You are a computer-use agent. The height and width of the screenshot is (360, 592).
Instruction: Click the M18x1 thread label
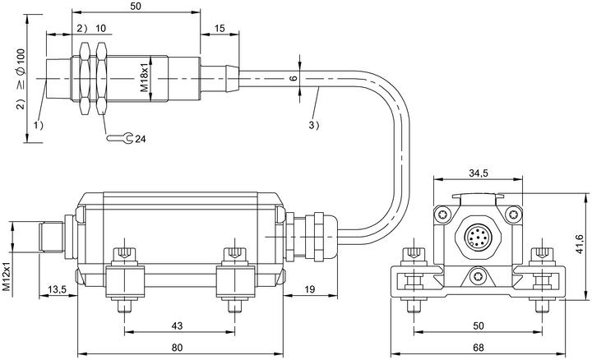point(145,79)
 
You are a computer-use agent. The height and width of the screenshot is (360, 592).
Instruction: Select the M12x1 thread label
point(7,276)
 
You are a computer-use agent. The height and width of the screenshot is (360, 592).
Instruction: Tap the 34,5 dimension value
point(479,173)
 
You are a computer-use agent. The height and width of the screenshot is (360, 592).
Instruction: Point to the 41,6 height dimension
point(580,244)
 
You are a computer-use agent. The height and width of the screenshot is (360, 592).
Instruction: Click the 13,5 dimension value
point(58,289)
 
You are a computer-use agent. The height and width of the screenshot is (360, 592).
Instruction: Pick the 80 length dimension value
point(177,347)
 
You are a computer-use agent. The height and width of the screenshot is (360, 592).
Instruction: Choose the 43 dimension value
point(177,325)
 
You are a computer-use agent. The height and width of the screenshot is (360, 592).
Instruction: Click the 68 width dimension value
point(478,347)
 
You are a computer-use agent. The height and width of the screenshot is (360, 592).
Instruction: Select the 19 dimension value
point(310,289)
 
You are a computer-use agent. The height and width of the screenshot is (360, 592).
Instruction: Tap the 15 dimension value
point(220,28)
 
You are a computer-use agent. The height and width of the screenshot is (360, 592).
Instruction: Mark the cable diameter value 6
point(294,78)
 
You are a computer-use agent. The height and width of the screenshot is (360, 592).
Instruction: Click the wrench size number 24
point(141,139)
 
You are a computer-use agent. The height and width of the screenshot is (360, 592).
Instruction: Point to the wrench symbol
point(120,138)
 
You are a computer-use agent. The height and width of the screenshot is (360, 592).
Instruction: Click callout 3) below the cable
point(314,125)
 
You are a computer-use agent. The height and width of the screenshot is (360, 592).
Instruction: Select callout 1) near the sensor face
point(39,125)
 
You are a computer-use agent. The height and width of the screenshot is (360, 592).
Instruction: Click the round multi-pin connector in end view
point(478,237)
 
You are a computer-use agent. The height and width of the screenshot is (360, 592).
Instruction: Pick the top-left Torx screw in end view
point(443,215)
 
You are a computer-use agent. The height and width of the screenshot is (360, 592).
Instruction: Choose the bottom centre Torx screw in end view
point(477,276)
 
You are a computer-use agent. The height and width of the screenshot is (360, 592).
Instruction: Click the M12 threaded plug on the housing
point(52,238)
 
